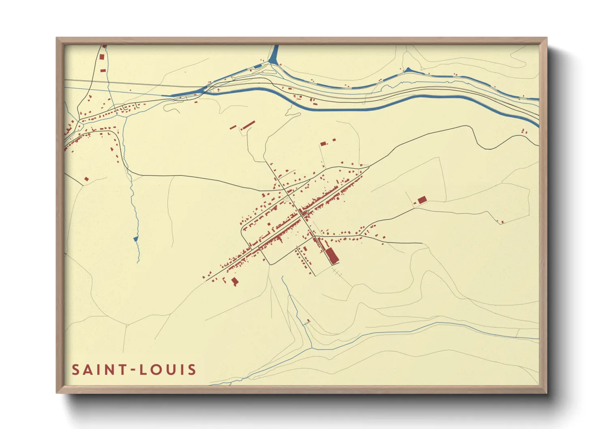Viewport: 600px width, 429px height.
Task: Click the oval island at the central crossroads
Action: [x=303, y=212]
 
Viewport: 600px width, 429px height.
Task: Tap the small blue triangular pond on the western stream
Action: [x=136, y=239]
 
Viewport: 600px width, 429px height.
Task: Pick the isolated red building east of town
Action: [x=422, y=199]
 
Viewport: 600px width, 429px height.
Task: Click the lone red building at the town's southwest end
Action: [x=235, y=281]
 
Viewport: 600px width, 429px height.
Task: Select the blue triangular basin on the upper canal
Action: [x=408, y=70]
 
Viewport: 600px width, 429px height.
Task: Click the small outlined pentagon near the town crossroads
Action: [x=287, y=199]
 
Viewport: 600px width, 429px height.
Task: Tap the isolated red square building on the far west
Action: [x=86, y=178]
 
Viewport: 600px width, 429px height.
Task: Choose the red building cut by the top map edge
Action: [x=104, y=47]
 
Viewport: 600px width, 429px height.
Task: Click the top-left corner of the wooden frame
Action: [x=57, y=38]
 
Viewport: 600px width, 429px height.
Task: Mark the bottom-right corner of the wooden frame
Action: [x=546, y=393]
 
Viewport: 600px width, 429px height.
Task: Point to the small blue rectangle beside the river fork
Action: [x=257, y=65]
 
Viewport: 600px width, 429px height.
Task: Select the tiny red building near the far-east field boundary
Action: [x=502, y=222]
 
